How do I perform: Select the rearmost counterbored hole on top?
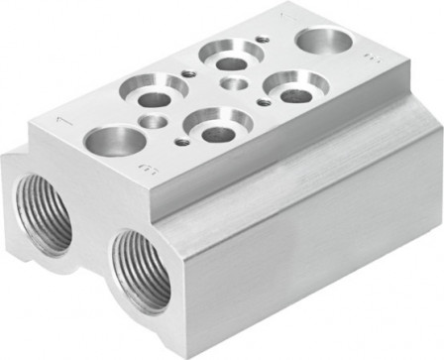[x=219, y=54]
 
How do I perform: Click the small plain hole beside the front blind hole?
[x=155, y=122]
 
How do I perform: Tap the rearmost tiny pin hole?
[x=261, y=38]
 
